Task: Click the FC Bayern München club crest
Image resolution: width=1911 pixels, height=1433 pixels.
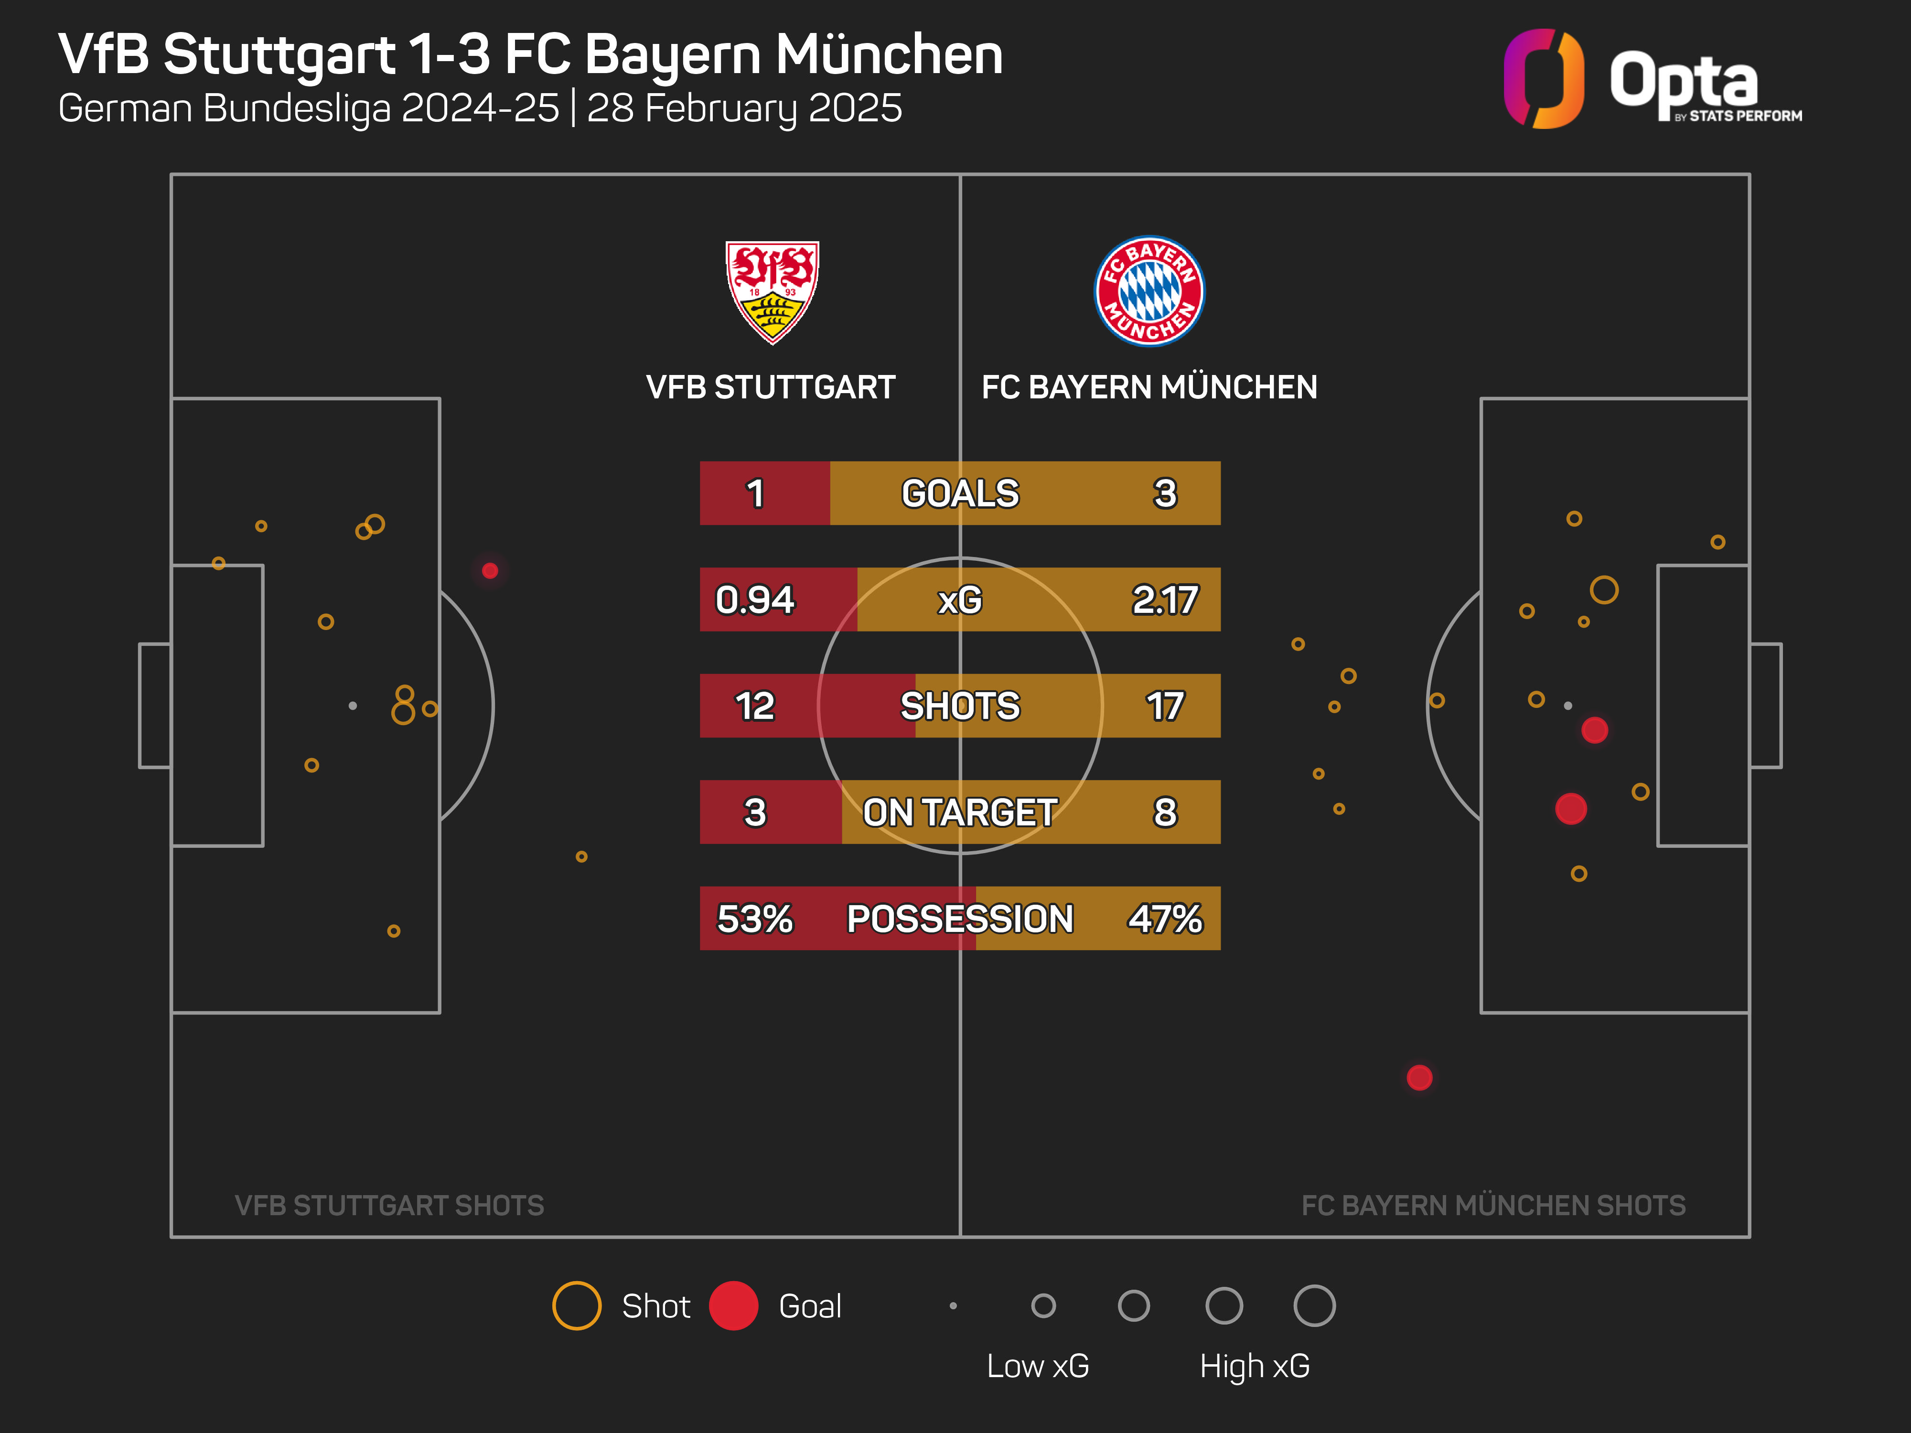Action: click(x=1149, y=291)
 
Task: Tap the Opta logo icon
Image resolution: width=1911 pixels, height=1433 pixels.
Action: click(x=1544, y=79)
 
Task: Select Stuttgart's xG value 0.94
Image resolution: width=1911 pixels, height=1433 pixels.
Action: click(x=754, y=599)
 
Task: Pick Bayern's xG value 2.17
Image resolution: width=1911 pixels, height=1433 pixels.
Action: click(x=1165, y=599)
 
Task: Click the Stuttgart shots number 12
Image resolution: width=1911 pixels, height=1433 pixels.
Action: click(x=754, y=706)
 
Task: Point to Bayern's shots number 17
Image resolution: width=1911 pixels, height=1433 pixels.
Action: click(x=1165, y=706)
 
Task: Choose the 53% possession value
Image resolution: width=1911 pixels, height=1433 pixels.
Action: click(x=754, y=918)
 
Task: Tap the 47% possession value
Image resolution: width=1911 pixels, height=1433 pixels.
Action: click(x=1165, y=918)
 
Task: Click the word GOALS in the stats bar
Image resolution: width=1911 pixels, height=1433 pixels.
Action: click(x=960, y=493)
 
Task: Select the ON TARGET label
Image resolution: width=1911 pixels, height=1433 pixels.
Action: click(x=960, y=812)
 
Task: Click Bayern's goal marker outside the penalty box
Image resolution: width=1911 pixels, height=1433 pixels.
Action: click(x=1419, y=1077)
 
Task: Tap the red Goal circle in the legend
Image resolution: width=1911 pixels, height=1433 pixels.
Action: click(x=733, y=1305)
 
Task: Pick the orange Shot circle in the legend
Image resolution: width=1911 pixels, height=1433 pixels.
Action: click(x=576, y=1305)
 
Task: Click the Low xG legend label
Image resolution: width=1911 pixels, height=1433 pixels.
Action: click(x=1038, y=1366)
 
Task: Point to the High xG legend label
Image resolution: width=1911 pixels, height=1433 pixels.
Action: click(x=1255, y=1366)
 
